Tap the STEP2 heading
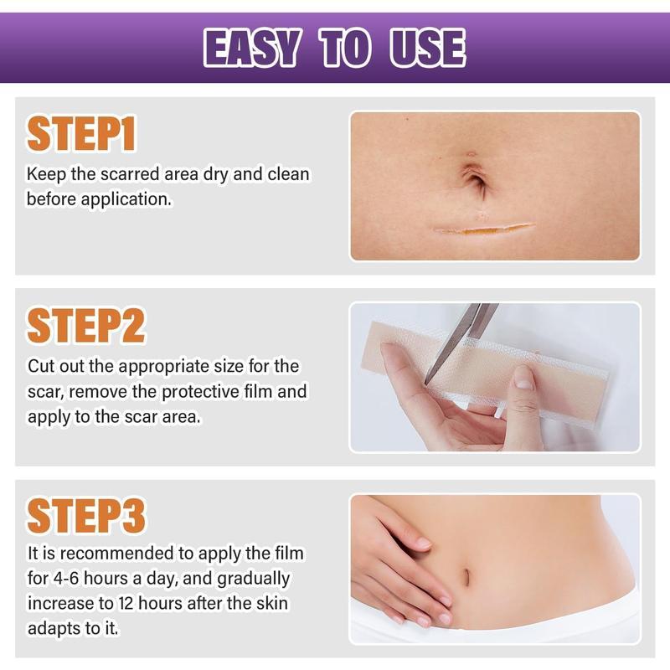coord(86,327)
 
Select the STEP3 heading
coord(86,518)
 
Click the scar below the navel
coord(483,229)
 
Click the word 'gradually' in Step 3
coord(253,579)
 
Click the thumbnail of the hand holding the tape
coord(494,376)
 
